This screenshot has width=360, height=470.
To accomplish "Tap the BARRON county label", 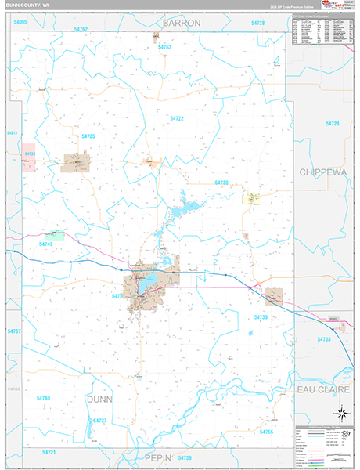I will click(182, 23).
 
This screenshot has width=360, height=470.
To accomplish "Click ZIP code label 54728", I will click(257, 23).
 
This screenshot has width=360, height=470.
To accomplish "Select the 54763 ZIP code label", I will click(164, 47).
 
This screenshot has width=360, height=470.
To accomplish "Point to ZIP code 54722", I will click(177, 117).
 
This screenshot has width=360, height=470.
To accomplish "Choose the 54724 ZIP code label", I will click(333, 124).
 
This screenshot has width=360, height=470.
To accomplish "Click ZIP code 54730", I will click(221, 183).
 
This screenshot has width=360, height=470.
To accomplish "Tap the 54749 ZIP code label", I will click(46, 244).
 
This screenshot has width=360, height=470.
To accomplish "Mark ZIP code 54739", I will click(261, 316).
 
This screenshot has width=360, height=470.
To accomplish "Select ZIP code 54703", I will click(323, 338).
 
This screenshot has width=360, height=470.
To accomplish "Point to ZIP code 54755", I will click(266, 432).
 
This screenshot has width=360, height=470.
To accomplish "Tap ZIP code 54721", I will click(49, 452).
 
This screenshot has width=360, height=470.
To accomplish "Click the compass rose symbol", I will click(342, 413).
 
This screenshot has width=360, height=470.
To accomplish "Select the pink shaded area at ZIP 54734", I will click(30, 154).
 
